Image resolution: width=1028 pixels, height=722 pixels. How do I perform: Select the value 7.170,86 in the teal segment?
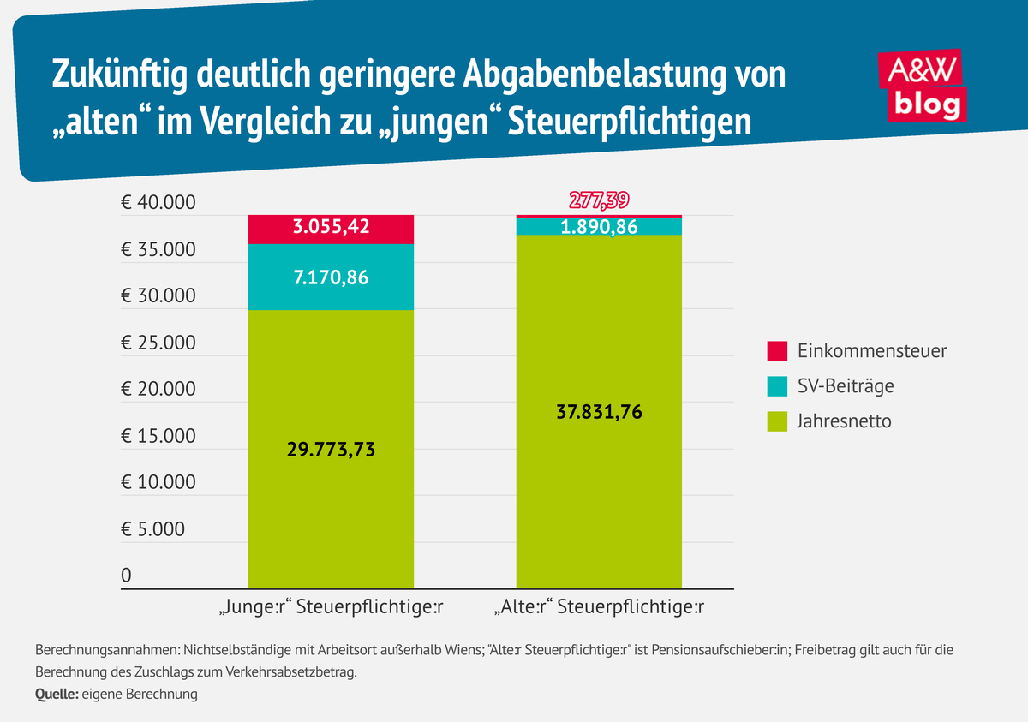click(x=331, y=277)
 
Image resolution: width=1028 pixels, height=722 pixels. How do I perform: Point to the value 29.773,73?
click(x=331, y=450)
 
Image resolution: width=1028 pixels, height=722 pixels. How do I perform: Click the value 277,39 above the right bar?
click(x=600, y=200)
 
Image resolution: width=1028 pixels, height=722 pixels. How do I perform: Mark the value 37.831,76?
click(x=600, y=412)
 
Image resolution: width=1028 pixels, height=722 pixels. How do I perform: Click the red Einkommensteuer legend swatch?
click(x=777, y=351)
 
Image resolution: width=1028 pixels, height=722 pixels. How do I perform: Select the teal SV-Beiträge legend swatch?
click(x=777, y=386)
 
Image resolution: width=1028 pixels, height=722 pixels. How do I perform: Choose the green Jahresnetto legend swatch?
click(x=777, y=421)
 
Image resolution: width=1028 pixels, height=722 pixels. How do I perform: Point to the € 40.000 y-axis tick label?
click(x=158, y=204)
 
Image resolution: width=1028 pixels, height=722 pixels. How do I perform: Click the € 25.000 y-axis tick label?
click(x=158, y=343)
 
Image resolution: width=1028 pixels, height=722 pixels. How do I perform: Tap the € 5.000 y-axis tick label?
click(x=152, y=529)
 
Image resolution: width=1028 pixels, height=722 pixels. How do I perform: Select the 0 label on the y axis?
click(x=127, y=576)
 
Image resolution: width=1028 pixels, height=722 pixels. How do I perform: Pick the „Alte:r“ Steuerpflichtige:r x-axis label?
click(x=600, y=609)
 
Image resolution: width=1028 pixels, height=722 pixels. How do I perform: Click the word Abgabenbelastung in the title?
click(x=572, y=75)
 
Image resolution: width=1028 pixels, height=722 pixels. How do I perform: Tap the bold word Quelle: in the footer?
click(x=57, y=695)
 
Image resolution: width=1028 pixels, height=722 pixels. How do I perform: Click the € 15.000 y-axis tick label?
click(x=158, y=437)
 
